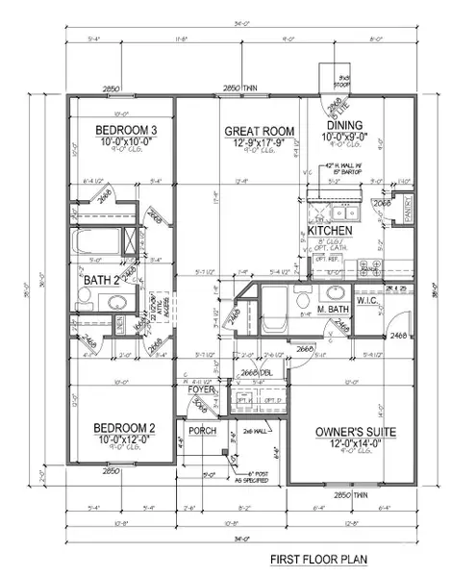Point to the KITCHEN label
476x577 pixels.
[x=329, y=232]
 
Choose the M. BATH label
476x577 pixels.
[x=333, y=310]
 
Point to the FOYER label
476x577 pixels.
[x=202, y=390]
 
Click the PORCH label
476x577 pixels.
[x=202, y=432]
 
